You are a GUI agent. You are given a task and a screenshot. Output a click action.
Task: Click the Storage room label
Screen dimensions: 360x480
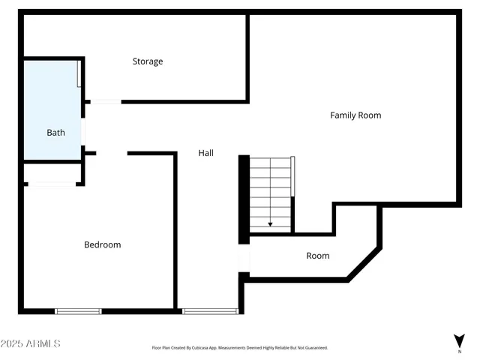[x=148, y=61]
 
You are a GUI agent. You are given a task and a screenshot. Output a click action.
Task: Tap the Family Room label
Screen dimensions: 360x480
[x=355, y=115]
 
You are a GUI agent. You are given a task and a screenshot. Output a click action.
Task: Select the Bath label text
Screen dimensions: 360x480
[x=55, y=133]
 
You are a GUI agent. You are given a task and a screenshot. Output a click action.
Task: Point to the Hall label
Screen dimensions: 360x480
[x=205, y=153]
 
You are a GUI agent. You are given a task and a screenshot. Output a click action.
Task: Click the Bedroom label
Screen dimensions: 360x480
[x=102, y=244]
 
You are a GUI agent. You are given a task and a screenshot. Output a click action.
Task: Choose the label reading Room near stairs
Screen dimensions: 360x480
[x=318, y=256]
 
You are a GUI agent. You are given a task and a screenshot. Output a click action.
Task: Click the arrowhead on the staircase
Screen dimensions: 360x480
[x=270, y=223]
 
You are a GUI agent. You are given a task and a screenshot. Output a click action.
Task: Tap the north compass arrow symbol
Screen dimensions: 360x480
[x=459, y=340]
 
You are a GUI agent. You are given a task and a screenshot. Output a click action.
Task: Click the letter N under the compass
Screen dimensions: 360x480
[x=459, y=351]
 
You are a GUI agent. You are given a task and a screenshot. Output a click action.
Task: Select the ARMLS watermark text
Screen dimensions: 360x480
[x=31, y=343]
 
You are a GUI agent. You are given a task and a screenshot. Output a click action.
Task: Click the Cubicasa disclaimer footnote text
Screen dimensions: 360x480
[x=239, y=348]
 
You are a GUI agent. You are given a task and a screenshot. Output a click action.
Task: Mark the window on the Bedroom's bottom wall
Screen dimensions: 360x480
[x=78, y=311]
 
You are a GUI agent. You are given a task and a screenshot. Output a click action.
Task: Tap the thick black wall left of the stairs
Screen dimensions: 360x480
[x=244, y=199]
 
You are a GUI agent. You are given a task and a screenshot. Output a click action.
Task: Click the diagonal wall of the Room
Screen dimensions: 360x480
[x=364, y=263]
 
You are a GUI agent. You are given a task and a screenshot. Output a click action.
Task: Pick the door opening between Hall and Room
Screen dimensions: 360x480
[x=243, y=259]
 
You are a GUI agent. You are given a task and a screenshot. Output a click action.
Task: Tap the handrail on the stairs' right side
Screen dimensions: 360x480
[x=293, y=176]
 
